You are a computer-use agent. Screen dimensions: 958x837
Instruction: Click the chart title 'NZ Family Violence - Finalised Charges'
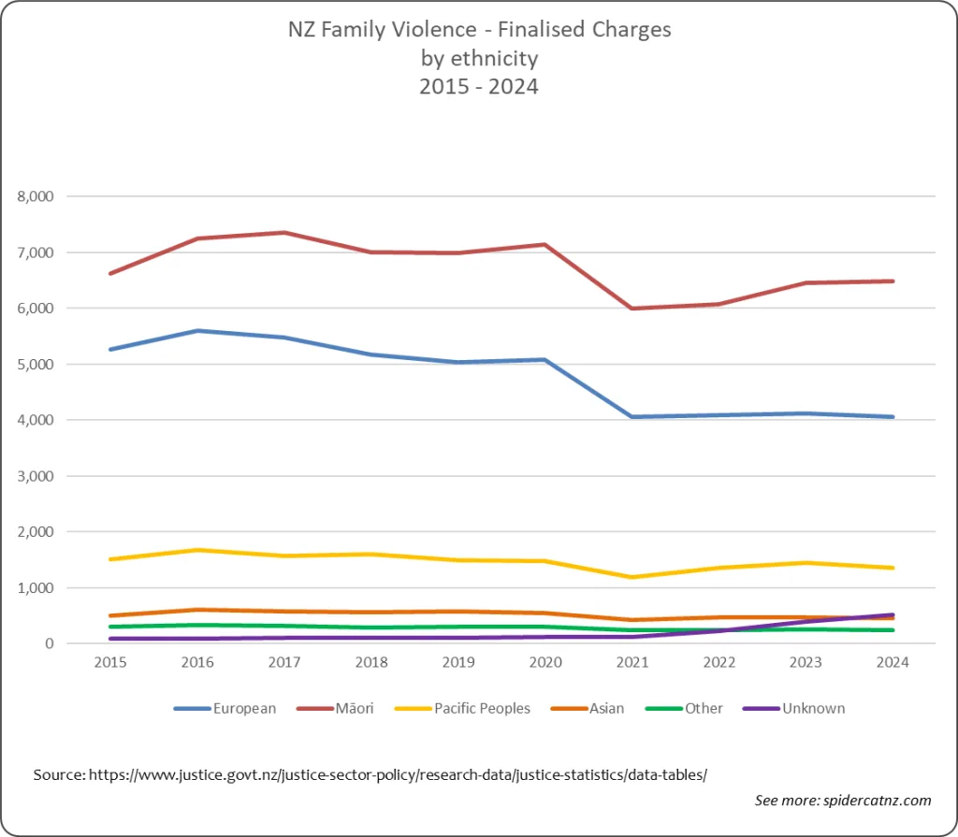coord(480,29)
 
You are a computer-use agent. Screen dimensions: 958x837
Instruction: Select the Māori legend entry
coord(335,708)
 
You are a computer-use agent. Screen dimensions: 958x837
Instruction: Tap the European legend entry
coord(225,708)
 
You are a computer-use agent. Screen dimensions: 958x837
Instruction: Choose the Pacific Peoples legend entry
coord(462,708)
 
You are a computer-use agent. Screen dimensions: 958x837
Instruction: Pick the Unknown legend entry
coord(794,708)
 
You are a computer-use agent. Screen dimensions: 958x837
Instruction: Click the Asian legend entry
coord(588,708)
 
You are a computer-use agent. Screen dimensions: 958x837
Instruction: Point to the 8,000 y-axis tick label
coord(36,196)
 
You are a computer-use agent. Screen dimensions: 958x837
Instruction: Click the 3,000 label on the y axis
coord(36,476)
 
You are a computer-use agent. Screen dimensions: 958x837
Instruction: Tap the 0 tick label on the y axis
coord(50,643)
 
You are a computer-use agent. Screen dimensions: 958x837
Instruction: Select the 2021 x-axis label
coord(632,662)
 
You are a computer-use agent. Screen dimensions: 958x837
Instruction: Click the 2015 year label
coord(110,662)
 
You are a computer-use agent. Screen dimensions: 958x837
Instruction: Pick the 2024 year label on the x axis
coord(893,662)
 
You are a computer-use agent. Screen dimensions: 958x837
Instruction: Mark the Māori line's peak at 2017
coord(284,232)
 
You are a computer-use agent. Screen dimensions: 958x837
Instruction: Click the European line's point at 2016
coord(198,330)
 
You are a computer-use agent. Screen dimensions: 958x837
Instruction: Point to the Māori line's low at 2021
coord(632,309)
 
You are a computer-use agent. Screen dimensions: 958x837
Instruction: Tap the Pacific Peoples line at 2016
coord(198,550)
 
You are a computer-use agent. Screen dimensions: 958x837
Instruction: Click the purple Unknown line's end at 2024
coord(893,614)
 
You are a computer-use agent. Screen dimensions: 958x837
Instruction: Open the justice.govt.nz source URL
coord(398,774)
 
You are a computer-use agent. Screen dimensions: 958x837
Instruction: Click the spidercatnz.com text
coord(878,801)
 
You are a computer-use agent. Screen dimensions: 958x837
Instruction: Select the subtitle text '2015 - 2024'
coord(479,86)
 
